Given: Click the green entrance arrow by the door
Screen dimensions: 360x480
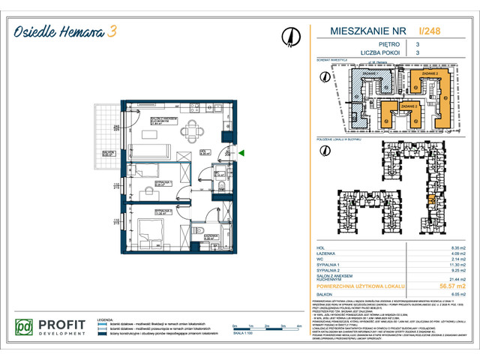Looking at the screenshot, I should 241,154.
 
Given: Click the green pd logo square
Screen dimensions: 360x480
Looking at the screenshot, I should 25,328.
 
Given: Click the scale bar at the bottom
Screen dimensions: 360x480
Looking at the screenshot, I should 259,327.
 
